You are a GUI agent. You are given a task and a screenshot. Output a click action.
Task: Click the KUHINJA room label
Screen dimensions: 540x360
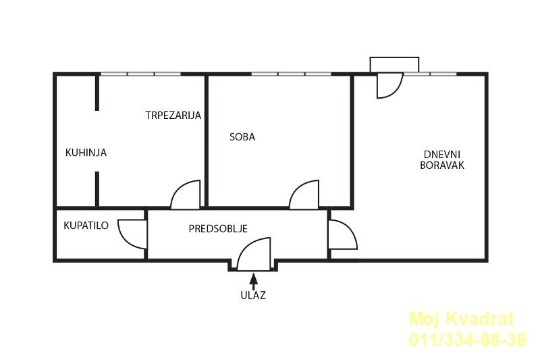86,152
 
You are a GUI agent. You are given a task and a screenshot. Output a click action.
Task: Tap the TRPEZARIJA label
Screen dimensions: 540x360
173,115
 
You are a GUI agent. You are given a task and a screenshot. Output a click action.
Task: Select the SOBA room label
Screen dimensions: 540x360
242,136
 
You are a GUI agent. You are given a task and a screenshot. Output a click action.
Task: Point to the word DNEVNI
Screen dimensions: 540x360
442,155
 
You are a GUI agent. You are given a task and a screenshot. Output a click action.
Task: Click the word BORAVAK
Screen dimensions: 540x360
442,165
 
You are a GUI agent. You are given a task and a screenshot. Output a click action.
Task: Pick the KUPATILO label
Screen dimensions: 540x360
86,226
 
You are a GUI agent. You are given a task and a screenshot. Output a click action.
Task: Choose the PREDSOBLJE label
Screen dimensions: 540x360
218,228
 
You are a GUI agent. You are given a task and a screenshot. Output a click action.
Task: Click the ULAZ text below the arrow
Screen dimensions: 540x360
253,295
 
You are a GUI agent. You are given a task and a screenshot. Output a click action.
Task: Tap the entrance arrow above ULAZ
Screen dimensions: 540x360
254,281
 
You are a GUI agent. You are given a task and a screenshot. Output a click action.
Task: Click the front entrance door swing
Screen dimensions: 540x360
254,254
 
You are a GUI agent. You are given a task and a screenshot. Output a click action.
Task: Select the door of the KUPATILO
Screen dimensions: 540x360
132,234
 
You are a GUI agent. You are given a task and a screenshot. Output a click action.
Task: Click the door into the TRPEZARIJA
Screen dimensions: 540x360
185,195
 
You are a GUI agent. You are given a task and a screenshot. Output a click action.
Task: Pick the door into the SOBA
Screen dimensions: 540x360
304,195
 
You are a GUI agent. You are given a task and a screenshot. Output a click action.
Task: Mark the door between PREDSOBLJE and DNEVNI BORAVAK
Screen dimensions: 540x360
343,234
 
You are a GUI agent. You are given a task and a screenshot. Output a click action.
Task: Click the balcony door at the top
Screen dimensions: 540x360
390,85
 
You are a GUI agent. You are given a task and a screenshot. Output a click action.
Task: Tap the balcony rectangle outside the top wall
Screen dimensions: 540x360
394,65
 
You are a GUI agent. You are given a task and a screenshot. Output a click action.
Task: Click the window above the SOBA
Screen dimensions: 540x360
291,74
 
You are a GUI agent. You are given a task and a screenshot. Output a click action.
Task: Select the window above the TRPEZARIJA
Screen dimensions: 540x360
141,74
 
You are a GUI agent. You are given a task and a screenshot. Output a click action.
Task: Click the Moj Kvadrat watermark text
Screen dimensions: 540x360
462,319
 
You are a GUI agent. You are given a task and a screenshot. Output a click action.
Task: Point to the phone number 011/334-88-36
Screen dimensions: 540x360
468,339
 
